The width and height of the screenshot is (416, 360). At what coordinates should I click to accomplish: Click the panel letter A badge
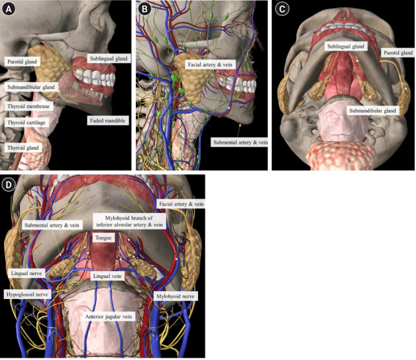click(9, 9)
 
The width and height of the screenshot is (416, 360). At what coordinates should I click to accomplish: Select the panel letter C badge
click(282, 9)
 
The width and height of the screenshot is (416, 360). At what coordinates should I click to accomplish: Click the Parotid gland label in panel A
click(23, 61)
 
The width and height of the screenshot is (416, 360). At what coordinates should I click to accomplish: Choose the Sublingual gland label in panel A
click(108, 58)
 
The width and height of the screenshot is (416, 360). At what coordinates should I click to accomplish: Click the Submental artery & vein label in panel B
click(239, 142)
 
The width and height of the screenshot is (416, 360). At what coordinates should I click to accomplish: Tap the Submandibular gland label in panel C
click(372, 111)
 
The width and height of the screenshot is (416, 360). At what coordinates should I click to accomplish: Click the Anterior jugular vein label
click(108, 317)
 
